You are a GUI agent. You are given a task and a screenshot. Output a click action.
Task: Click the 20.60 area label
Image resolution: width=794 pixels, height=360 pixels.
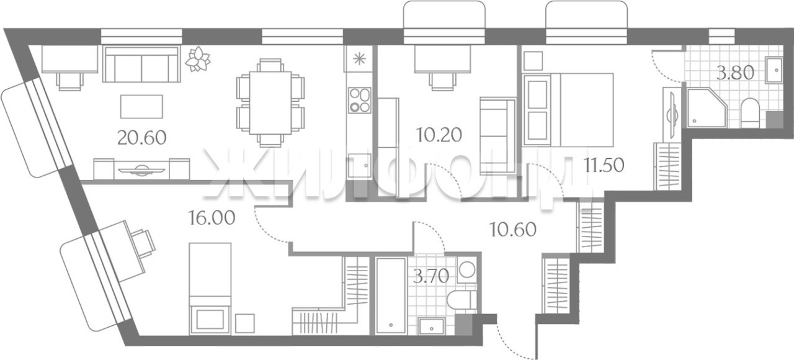pos(142,138)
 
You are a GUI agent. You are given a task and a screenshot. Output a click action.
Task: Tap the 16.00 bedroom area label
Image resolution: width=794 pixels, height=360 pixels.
pos(212,218)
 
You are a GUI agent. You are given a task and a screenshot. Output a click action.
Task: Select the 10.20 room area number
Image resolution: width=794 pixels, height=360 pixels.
pos(439,135)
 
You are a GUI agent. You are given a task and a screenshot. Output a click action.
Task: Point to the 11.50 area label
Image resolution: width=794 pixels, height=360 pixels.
pos(604,165)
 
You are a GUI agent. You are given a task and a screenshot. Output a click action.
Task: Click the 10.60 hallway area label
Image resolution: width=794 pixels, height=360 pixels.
pos(512,230)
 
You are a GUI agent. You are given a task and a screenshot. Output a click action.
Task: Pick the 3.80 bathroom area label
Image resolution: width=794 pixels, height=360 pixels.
pos(735,73)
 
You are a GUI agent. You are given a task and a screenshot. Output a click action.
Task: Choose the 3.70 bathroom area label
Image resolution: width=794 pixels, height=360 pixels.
pos(431,276)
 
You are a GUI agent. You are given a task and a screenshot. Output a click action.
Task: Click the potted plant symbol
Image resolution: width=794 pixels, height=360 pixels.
pos(198,59)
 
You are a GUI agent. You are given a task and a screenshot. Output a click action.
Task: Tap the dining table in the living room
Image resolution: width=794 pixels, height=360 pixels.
pos(270,103)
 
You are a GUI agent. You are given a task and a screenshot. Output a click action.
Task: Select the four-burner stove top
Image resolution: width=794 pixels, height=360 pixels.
pos(359,101)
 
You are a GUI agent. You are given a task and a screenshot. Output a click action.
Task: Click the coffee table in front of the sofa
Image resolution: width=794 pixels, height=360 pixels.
pos(142,106)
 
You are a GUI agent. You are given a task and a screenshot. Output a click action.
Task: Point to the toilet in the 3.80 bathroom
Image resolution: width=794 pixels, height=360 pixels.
pos(750,112)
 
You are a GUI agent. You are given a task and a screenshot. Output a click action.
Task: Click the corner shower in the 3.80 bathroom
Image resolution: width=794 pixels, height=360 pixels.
pos(707,108)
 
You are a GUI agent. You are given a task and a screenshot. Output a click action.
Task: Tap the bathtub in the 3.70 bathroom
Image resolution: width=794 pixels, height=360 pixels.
pos(391,295)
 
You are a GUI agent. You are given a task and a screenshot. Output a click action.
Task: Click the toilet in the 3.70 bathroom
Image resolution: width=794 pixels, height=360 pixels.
pos(462,300)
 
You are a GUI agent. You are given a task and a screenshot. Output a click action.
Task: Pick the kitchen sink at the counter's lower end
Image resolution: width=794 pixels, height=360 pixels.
pos(359,165)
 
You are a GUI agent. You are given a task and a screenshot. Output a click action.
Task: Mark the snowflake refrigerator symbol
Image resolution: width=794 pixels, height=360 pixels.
pos(359,58)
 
